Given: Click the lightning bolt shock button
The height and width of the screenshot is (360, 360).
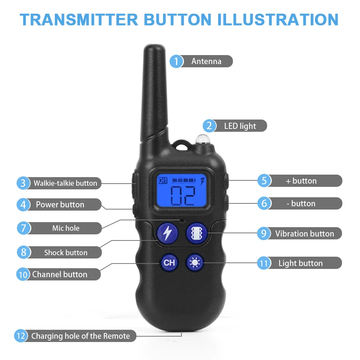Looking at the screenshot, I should pyautogui.click(x=167, y=233).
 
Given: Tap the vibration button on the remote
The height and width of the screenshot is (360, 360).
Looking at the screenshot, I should pyautogui.click(x=196, y=233).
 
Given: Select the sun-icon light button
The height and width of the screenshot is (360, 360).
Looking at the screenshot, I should pyautogui.click(x=195, y=263).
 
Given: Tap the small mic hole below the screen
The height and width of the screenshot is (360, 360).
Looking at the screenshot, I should pyautogui.click(x=182, y=220).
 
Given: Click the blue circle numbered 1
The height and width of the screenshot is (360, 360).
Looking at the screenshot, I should pyautogui.click(x=176, y=61).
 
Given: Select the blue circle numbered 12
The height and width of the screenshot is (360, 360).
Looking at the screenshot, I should pyautogui.click(x=21, y=336).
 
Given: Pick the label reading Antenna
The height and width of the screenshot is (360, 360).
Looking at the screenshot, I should pyautogui.click(x=206, y=61).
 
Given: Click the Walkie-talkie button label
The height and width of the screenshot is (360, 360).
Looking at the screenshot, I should pyautogui.click(x=65, y=183).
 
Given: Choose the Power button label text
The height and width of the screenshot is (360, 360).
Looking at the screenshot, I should pyautogui.click(x=60, y=204).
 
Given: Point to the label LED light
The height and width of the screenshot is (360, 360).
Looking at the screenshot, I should pyautogui.click(x=240, y=126).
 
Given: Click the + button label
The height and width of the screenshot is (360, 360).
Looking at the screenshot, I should pyautogui.click(x=301, y=181).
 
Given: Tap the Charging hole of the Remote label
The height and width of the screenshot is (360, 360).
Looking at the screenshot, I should pyautogui.click(x=80, y=336).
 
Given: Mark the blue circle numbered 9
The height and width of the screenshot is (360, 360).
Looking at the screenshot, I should pyautogui.click(x=264, y=234).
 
